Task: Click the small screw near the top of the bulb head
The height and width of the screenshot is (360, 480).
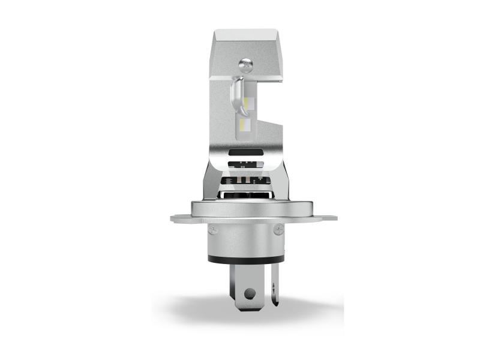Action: click(x=245, y=63)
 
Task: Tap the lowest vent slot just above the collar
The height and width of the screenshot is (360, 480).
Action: click(x=245, y=194)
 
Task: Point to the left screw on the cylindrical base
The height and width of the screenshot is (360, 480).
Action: click(x=213, y=229)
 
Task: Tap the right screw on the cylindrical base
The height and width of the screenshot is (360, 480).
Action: click(x=278, y=229)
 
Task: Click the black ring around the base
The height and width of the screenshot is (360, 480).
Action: click(x=245, y=260)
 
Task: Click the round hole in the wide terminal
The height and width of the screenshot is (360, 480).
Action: click(x=250, y=293)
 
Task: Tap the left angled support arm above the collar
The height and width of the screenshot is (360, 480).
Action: click(x=209, y=180)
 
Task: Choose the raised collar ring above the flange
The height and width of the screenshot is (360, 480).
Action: click(x=245, y=208)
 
